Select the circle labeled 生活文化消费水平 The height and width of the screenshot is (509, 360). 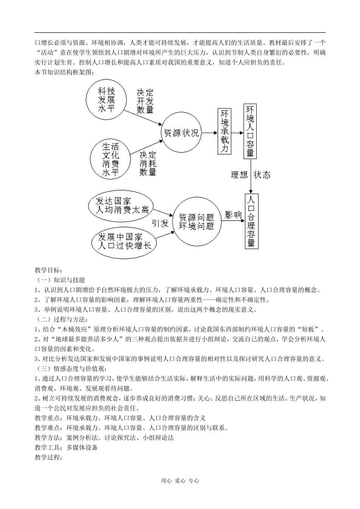pyautogui.click(x=110, y=159)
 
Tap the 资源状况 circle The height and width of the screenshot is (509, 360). pyautogui.click(x=181, y=133)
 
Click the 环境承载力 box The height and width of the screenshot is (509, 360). pyautogui.click(x=224, y=131)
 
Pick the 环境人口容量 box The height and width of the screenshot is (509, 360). pyautogui.click(x=250, y=131)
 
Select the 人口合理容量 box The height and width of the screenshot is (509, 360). pyautogui.click(x=251, y=222)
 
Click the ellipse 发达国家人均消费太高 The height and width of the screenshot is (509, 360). pyautogui.click(x=122, y=205)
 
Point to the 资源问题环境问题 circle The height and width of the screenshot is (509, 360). pyautogui.click(x=196, y=222)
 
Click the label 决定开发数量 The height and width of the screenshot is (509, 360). pyautogui.click(x=145, y=101)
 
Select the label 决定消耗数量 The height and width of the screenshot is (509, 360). pyautogui.click(x=148, y=163)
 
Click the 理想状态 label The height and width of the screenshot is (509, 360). pyautogui.click(x=250, y=175)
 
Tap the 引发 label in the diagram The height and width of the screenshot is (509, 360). pyautogui.click(x=160, y=223)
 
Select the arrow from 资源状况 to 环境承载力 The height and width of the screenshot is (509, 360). pyautogui.click(x=210, y=133)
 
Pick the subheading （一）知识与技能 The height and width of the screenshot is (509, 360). pyautogui.click(x=61, y=280)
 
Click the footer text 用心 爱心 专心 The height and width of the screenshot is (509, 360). pyautogui.click(x=180, y=481)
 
